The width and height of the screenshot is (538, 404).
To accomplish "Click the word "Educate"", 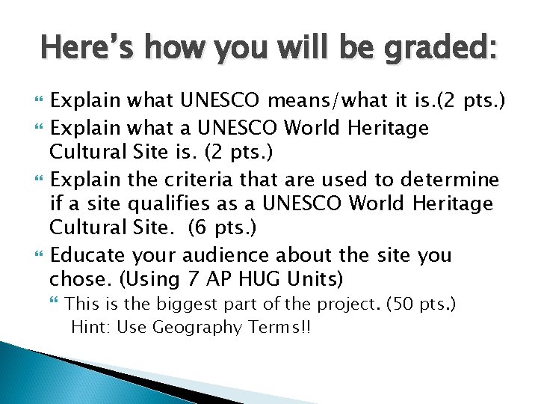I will [83, 257].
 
